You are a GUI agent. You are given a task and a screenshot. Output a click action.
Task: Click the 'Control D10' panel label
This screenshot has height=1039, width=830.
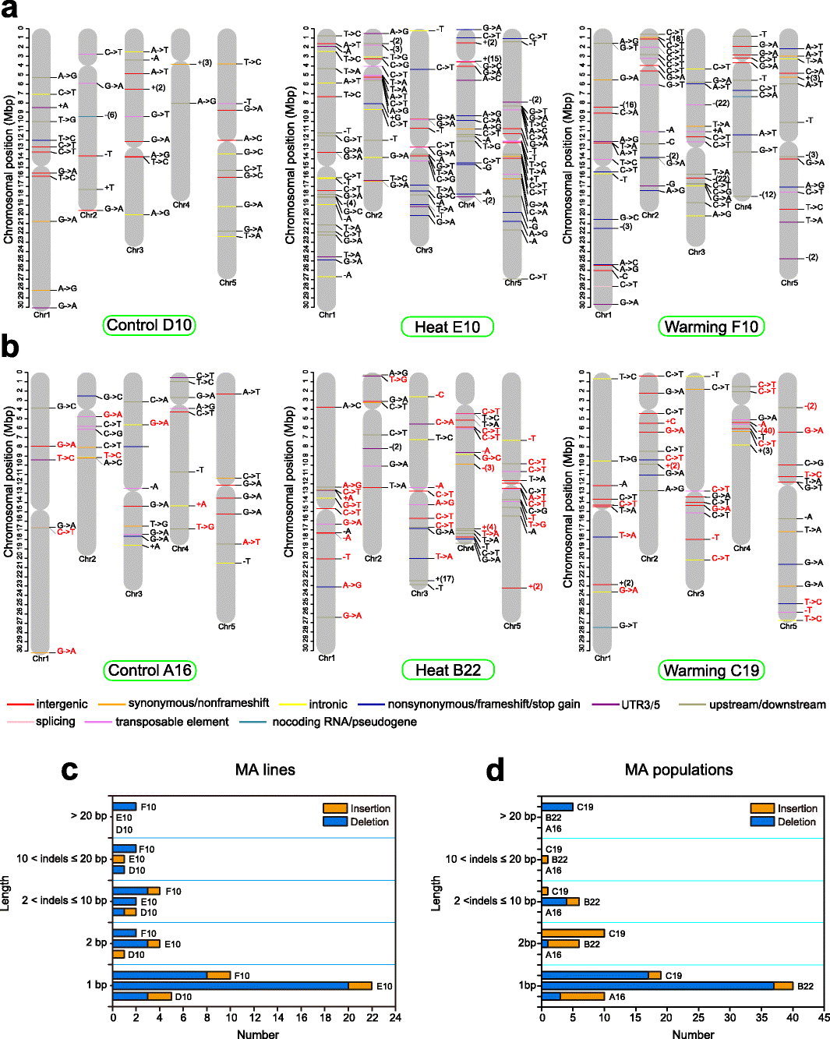(149, 325)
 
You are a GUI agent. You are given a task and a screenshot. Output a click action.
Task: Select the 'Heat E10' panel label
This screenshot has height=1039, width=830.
(447, 327)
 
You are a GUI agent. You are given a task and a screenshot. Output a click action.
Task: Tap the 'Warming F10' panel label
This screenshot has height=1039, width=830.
(712, 327)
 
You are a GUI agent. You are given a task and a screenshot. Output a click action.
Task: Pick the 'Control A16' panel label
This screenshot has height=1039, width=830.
(150, 670)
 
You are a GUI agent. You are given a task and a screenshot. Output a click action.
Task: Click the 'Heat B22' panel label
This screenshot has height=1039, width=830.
(448, 670)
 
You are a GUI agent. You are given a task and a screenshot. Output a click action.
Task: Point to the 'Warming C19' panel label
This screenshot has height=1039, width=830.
(712, 670)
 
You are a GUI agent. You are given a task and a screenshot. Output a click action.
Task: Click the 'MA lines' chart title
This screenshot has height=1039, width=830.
(265, 770)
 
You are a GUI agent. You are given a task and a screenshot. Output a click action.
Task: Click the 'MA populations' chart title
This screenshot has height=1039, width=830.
(679, 770)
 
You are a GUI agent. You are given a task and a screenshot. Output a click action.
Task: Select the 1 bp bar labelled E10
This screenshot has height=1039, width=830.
(242, 986)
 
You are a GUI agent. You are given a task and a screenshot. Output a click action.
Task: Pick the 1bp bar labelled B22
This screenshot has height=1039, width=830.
(667, 986)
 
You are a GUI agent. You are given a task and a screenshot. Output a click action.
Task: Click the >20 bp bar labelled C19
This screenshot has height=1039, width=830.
(557, 808)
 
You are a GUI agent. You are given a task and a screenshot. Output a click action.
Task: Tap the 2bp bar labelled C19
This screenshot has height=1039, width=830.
(573, 933)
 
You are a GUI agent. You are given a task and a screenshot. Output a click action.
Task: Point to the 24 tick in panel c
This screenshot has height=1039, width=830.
(396, 1017)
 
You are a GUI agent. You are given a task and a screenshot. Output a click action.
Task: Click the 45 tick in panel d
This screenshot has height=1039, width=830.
(824, 1017)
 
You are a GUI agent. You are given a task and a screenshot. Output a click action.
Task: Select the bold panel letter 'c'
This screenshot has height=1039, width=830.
(69, 770)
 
